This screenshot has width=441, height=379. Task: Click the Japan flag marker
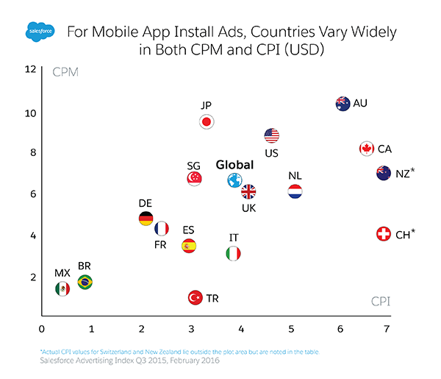click(207, 121)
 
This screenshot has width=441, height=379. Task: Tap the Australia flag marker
click(342, 103)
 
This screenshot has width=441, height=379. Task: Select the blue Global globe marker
click(234, 181)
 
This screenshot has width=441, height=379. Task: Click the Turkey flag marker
click(195, 298)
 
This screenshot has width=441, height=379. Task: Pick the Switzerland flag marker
click(383, 234)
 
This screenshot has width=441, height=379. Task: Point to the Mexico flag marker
click(62, 288)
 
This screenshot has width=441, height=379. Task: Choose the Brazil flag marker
click(85, 281)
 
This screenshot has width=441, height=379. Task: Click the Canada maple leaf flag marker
click(366, 149)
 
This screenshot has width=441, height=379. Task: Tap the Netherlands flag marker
click(295, 191)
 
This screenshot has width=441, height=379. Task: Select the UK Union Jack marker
click(248, 192)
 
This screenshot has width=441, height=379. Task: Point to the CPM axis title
click(66, 72)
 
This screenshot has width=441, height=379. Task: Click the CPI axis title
click(379, 302)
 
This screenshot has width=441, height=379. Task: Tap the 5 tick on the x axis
click(291, 327)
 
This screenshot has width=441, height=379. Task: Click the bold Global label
click(234, 165)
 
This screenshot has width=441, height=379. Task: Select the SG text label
click(194, 166)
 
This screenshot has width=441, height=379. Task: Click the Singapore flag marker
click(194, 179)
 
